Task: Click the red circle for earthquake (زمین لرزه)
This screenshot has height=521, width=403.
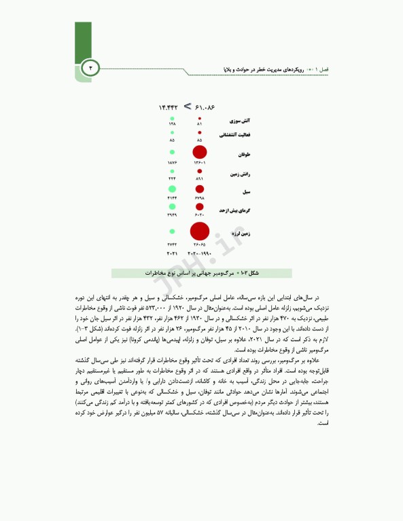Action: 200,231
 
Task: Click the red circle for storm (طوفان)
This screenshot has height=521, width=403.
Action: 200,153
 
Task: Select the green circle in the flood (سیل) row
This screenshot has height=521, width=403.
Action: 172,189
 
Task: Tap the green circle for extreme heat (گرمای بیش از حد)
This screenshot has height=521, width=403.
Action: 172,206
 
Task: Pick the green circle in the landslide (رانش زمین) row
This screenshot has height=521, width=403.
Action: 172,172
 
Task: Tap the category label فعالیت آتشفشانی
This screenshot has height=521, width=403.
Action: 232,135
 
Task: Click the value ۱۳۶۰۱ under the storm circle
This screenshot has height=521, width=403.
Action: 200,163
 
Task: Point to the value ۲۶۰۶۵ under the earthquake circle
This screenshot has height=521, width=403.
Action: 200,245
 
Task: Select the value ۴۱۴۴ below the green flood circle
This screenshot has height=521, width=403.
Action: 172,197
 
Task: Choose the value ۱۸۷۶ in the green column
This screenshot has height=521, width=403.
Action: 172,163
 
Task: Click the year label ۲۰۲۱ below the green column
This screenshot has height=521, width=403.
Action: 172,254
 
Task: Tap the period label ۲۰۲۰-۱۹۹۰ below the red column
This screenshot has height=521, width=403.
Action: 200,254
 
